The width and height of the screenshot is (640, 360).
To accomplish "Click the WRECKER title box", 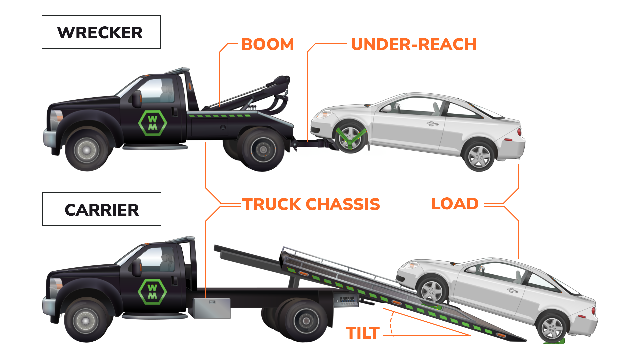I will [x=101, y=32].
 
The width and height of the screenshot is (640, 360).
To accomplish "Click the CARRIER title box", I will [x=102, y=209].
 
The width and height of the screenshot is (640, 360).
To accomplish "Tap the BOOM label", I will [x=267, y=44].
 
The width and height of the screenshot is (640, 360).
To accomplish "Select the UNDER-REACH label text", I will [x=413, y=44].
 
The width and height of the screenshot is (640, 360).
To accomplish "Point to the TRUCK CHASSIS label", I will [x=311, y=204].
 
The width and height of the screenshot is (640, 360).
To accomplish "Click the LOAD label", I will [x=455, y=204].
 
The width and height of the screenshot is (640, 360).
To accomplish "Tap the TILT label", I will [x=363, y=333].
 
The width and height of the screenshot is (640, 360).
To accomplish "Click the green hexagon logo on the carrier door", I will [x=152, y=292].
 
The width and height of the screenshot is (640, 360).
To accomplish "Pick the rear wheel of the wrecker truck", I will [x=263, y=150].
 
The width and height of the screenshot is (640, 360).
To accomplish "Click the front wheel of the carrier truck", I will [x=86, y=321].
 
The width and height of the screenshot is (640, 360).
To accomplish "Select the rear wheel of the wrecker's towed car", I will [x=479, y=156].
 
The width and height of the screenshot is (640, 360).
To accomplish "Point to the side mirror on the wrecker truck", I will [x=137, y=99].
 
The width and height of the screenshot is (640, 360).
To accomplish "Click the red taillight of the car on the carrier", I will [x=593, y=311].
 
